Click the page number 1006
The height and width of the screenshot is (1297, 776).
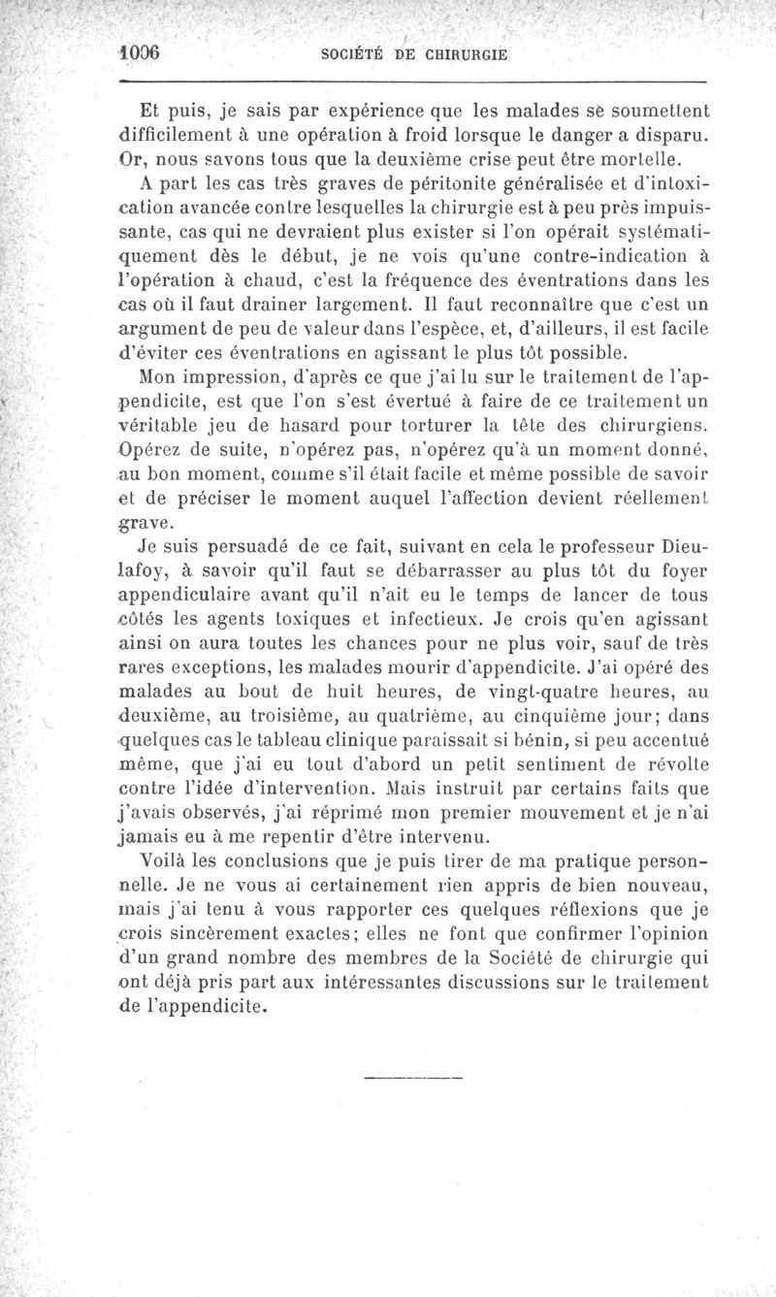pyautogui.click(x=138, y=52)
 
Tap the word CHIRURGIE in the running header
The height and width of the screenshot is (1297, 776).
pyautogui.click(x=461, y=53)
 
